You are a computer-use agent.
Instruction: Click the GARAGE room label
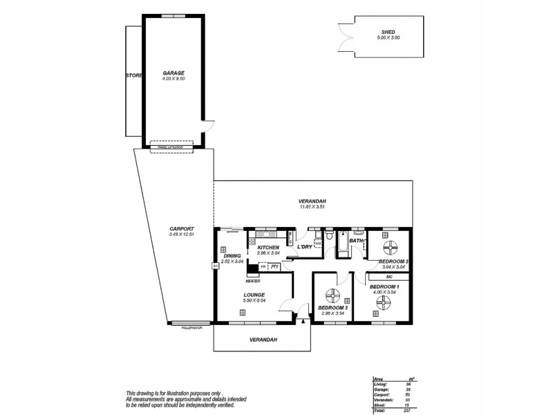[173, 72]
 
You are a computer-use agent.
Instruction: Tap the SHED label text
[387, 32]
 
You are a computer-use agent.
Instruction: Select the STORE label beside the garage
[133, 75]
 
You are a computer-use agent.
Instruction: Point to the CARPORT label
[181, 229]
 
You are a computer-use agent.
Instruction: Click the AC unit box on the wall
[215, 265]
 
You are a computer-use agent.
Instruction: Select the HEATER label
[252, 281]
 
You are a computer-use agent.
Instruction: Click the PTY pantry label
[274, 266]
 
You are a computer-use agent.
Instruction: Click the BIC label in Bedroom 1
[389, 276]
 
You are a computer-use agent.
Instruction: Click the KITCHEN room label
[268, 248]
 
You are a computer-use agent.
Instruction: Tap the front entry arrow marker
[303, 320]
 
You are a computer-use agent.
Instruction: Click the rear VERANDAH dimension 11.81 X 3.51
[312, 207]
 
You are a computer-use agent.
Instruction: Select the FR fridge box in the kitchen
[263, 266]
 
